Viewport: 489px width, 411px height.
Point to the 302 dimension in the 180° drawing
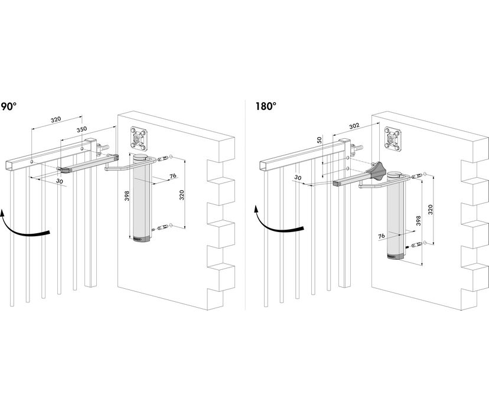click(354, 126)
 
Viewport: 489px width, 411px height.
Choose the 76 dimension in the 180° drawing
click(381, 235)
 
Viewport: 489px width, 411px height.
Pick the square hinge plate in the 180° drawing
click(394, 139)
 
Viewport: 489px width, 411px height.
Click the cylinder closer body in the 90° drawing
click(142, 201)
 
